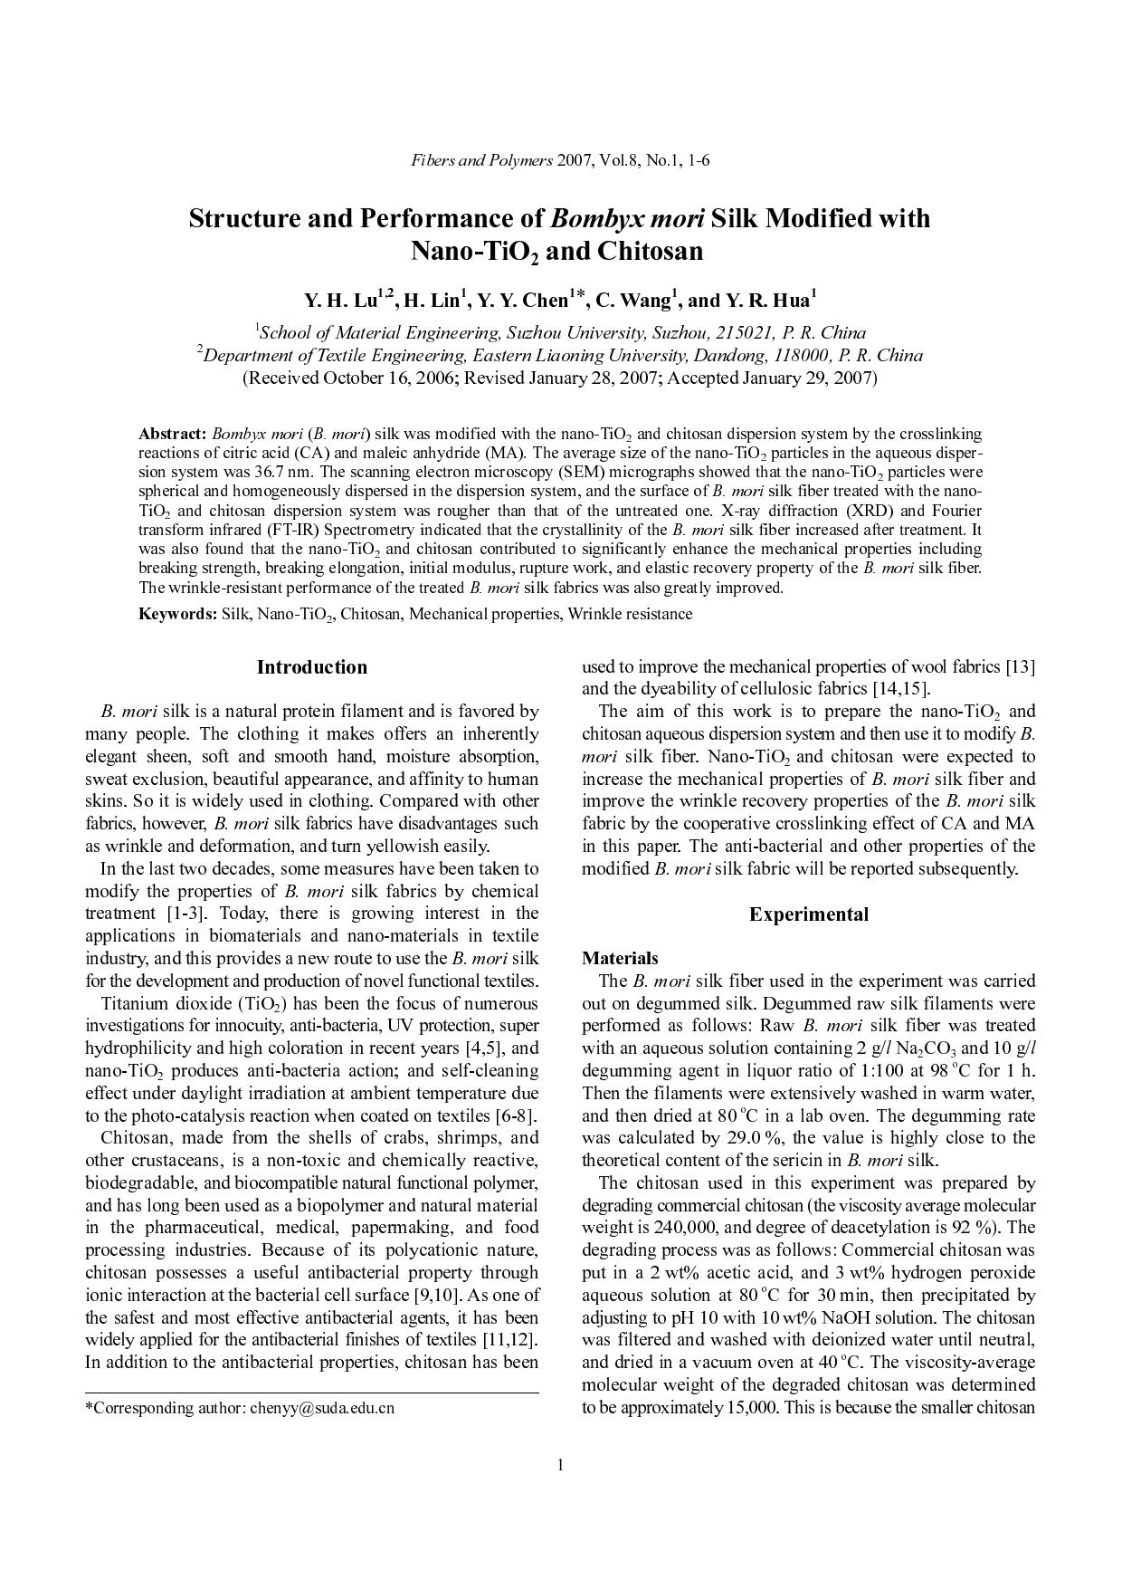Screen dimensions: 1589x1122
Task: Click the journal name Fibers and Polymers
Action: [x=481, y=161]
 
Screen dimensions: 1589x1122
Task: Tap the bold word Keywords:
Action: [x=177, y=614]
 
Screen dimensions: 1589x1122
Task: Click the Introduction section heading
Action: [x=312, y=667]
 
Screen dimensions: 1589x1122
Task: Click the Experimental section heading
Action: [x=808, y=914]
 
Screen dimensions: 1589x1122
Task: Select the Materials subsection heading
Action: [x=619, y=958]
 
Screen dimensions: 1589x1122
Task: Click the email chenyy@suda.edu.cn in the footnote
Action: [x=322, y=1408]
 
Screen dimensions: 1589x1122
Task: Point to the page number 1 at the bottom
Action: [x=560, y=1465]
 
